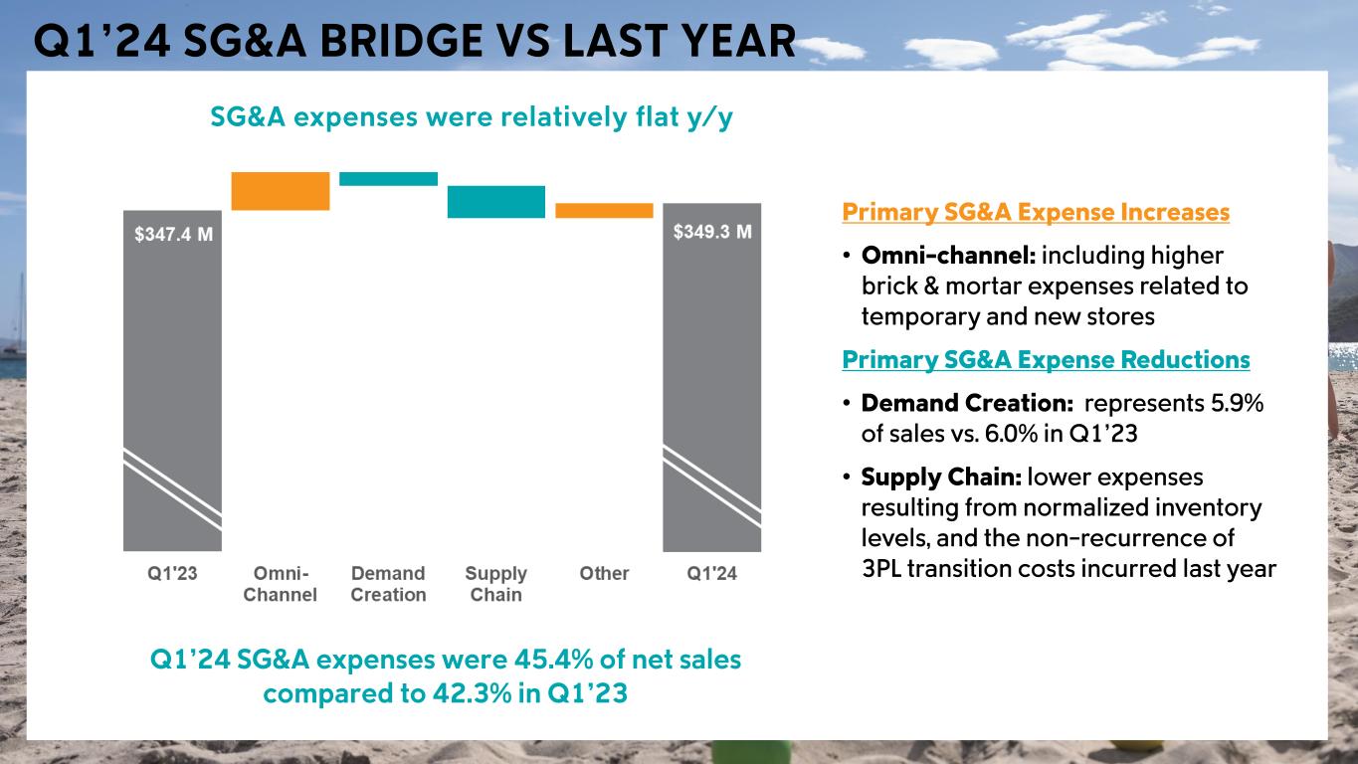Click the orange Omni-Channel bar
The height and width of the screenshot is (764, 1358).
pos(280,191)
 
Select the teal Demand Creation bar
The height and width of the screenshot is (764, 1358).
pos(388,179)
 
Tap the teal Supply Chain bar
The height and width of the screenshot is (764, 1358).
pos(495,202)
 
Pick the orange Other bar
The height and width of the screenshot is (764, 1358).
pos(604,211)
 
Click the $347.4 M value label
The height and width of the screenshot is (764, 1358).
pos(173,235)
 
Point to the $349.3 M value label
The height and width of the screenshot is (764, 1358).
pos(712,232)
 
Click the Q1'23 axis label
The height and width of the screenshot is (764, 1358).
pos(172,574)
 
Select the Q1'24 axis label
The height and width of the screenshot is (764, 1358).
pos(712,574)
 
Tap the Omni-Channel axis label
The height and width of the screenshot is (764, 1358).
pos(280,584)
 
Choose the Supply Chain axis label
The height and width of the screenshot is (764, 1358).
pos(495,584)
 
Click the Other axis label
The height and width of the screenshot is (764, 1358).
pos(604,574)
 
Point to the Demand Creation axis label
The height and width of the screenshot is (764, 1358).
pos(388,584)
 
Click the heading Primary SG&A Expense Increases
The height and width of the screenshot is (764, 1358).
pos(1036,213)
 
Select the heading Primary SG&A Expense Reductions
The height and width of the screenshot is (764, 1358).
pos(1046,359)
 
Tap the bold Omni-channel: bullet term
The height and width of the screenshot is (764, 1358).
pos(948,256)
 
